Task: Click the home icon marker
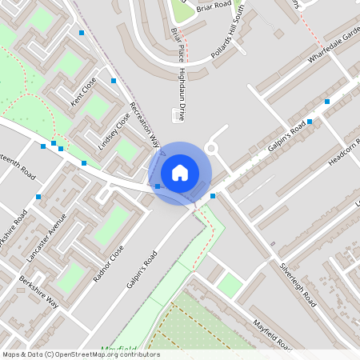click(180, 172)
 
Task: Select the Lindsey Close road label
click(114, 130)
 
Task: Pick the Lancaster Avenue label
click(46, 238)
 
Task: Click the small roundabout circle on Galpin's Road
click(213, 148)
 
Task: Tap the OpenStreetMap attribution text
click(80, 354)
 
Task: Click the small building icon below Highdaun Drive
click(176, 117)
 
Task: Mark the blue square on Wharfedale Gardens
click(327, 102)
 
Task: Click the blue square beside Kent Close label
click(114, 81)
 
